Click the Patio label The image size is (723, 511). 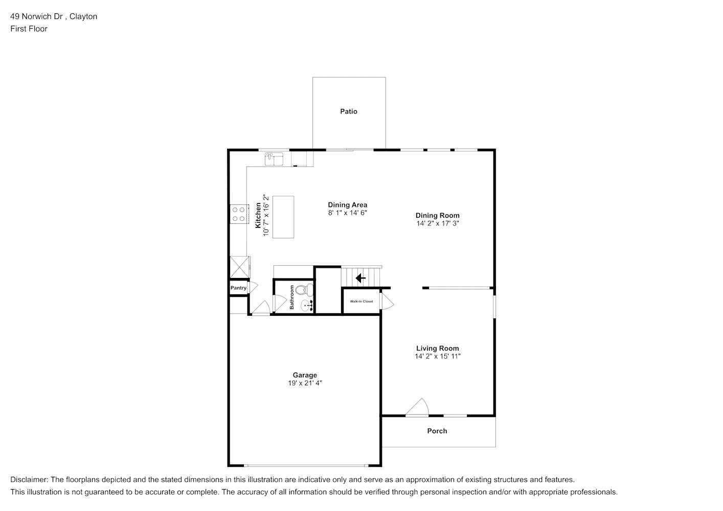(349, 111)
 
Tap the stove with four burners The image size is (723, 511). (239, 214)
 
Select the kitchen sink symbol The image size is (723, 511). (274, 159)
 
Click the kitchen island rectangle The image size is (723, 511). (283, 217)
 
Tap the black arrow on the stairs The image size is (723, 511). (360, 278)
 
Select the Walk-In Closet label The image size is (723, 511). (361, 301)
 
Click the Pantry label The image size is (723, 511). (238, 288)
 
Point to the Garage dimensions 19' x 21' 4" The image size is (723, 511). (305, 383)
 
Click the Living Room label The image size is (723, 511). (437, 348)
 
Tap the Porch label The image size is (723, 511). (437, 431)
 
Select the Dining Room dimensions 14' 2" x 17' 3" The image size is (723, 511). (438, 223)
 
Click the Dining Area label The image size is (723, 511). (348, 205)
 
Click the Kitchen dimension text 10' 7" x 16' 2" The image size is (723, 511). (266, 215)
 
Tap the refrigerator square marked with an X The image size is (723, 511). (240, 267)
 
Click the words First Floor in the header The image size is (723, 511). (29, 29)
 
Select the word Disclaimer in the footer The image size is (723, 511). (29, 480)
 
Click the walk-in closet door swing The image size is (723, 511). (387, 300)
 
